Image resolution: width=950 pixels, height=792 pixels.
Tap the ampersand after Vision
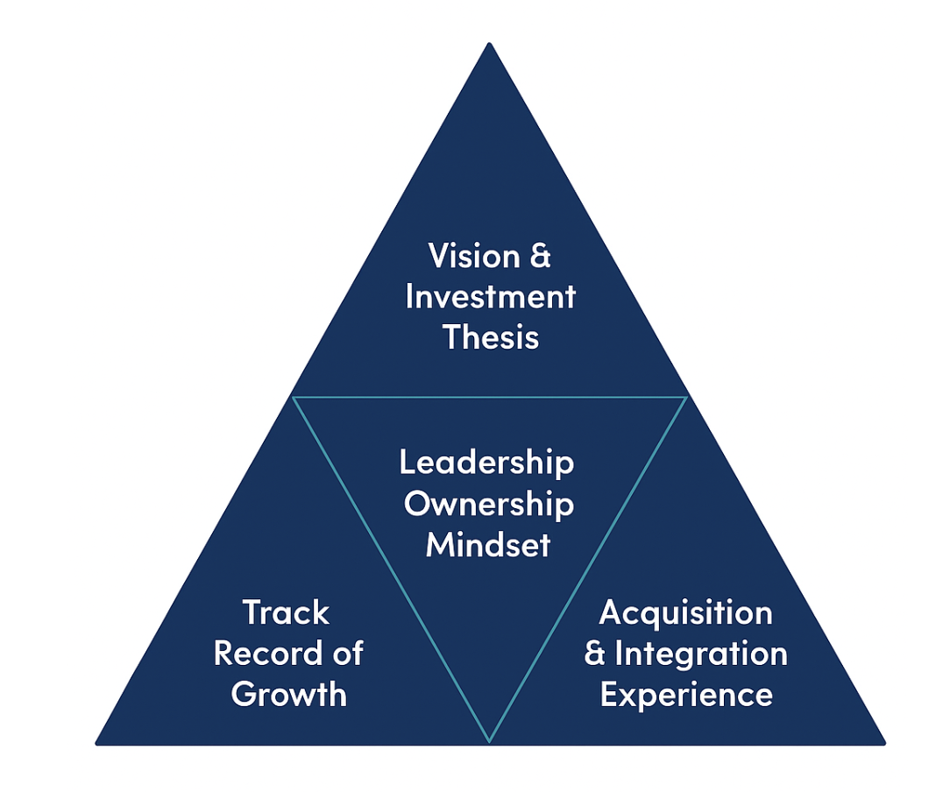539,256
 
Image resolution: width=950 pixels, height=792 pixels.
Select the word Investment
490,296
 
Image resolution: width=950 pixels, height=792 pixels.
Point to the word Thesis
490,336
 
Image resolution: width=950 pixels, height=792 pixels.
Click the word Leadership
487,463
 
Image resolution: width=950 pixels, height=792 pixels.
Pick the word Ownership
489,504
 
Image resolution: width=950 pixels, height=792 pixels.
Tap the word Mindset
488,545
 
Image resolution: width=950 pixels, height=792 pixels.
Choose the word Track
286,612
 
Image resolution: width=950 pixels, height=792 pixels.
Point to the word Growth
289,695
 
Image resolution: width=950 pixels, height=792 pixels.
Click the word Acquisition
686,612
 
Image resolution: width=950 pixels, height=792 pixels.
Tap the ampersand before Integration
595,654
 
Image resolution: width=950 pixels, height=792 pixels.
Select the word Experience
686,695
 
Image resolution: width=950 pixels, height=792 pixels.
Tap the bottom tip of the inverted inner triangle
489,740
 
